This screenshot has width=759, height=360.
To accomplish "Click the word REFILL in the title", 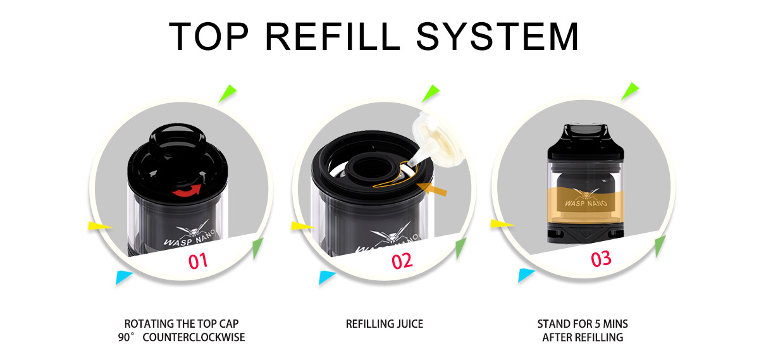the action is [x=333, y=36].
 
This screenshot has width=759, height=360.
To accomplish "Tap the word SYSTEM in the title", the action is [x=497, y=36].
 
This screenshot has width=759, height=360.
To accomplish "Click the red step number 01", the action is [x=198, y=261].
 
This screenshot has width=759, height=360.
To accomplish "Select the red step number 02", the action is [x=402, y=261].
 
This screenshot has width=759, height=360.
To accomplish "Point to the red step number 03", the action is [x=601, y=259].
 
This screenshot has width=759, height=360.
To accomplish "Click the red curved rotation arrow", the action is [x=187, y=190].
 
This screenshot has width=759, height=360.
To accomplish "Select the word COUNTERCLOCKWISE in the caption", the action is [x=194, y=338].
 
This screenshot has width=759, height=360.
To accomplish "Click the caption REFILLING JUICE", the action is [x=385, y=324].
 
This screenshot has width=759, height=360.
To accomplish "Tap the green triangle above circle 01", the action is [x=227, y=93].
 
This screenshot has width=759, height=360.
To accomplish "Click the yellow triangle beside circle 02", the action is [x=302, y=226].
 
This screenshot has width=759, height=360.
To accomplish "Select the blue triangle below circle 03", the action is [x=526, y=275].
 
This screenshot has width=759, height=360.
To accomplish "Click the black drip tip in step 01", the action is [x=177, y=140].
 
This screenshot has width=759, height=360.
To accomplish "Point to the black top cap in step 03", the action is [x=586, y=142].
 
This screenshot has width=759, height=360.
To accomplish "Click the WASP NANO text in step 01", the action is [x=189, y=237].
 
